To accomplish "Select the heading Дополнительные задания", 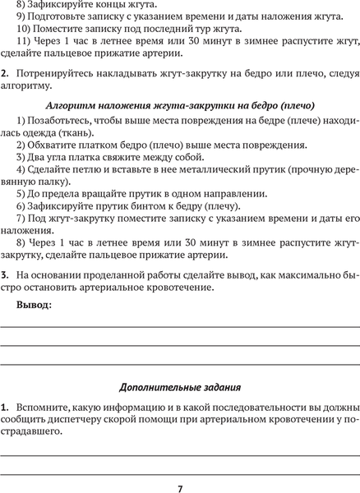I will click(180, 386).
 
